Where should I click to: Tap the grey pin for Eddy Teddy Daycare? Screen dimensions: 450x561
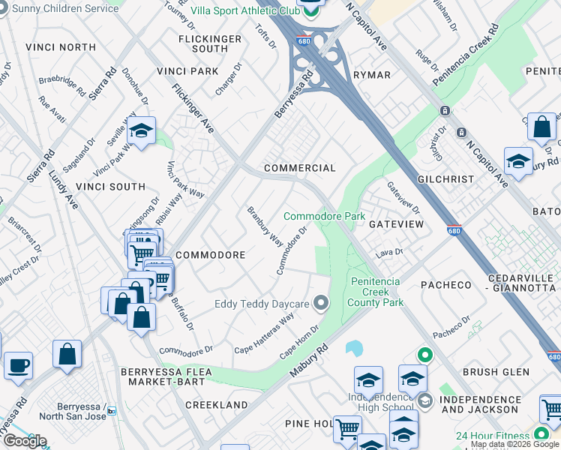coord(322,303)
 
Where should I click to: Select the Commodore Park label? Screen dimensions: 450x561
coord(324,216)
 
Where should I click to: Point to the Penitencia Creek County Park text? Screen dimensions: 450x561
coord(376,292)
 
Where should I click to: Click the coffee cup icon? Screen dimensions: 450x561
coord(18,365)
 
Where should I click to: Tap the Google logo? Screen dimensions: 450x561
coord(24,441)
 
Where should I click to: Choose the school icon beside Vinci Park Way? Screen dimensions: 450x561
coord(140,132)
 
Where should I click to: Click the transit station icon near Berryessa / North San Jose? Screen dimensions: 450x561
coord(112,410)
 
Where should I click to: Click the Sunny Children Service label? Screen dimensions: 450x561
coord(60,7)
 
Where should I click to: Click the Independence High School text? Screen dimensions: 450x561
coord(380,402)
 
